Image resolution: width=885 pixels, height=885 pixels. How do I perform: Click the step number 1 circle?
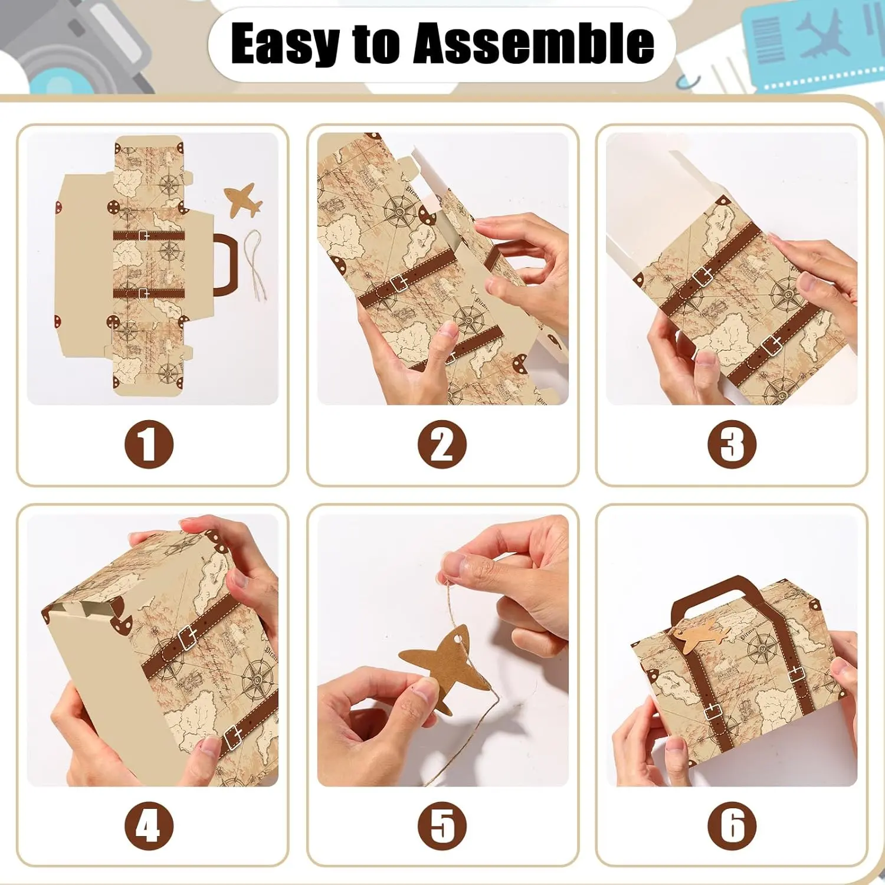[149, 444]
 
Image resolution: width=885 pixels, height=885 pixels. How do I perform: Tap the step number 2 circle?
[442, 444]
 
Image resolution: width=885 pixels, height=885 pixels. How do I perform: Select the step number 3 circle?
[732, 444]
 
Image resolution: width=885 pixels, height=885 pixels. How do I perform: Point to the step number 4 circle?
[149, 825]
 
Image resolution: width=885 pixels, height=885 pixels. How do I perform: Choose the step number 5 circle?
[442, 825]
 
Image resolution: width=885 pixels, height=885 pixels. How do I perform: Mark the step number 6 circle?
[732, 825]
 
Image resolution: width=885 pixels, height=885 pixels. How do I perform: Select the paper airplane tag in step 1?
[242, 199]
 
